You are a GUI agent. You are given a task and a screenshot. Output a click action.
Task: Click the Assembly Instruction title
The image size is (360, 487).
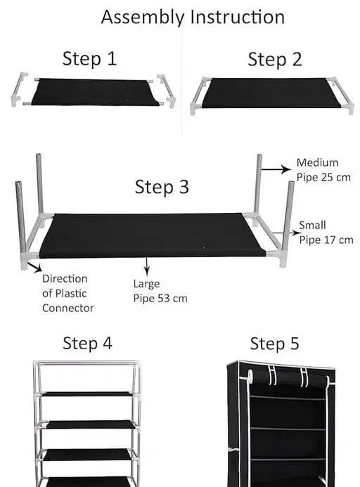coord(193,17)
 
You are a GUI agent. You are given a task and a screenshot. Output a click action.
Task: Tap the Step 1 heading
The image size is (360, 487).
coord(89,59)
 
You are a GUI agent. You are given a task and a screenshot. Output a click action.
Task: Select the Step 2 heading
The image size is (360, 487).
coord(274,60)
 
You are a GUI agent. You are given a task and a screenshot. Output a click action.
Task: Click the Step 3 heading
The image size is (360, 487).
coord(162,187)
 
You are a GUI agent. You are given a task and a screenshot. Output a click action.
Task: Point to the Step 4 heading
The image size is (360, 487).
coord(87,343)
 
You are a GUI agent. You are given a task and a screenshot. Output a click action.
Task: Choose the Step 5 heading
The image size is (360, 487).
coord(274,344)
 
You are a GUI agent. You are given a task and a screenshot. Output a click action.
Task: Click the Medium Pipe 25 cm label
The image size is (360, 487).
coord(323,169)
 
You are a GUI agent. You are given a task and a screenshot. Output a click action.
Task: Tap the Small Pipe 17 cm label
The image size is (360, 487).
coord(326,232)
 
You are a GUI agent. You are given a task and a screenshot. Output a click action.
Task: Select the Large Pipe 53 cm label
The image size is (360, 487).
coord(160,291)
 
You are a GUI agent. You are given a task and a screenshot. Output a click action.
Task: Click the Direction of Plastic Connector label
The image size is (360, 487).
coord(67,293)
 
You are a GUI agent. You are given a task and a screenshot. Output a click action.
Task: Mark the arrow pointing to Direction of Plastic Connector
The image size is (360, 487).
coord(37,267)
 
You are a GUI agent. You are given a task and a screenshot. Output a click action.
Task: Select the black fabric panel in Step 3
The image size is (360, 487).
coord(152,235)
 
